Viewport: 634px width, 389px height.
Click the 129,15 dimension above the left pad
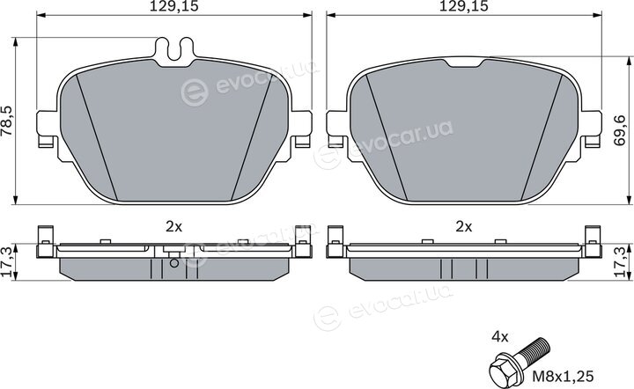click(x=173, y=6)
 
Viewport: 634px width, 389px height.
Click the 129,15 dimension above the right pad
click(x=464, y=6)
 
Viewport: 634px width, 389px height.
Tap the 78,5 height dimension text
click(x=7, y=121)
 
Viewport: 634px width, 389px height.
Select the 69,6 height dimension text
click(x=620, y=130)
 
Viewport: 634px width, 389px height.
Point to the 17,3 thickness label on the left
click(x=7, y=262)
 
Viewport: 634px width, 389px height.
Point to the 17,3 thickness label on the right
click(x=620, y=262)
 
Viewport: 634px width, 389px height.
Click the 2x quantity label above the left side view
click(x=173, y=227)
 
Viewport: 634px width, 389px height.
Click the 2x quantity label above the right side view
click(x=464, y=227)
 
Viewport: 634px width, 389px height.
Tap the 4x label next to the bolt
click(x=500, y=336)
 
